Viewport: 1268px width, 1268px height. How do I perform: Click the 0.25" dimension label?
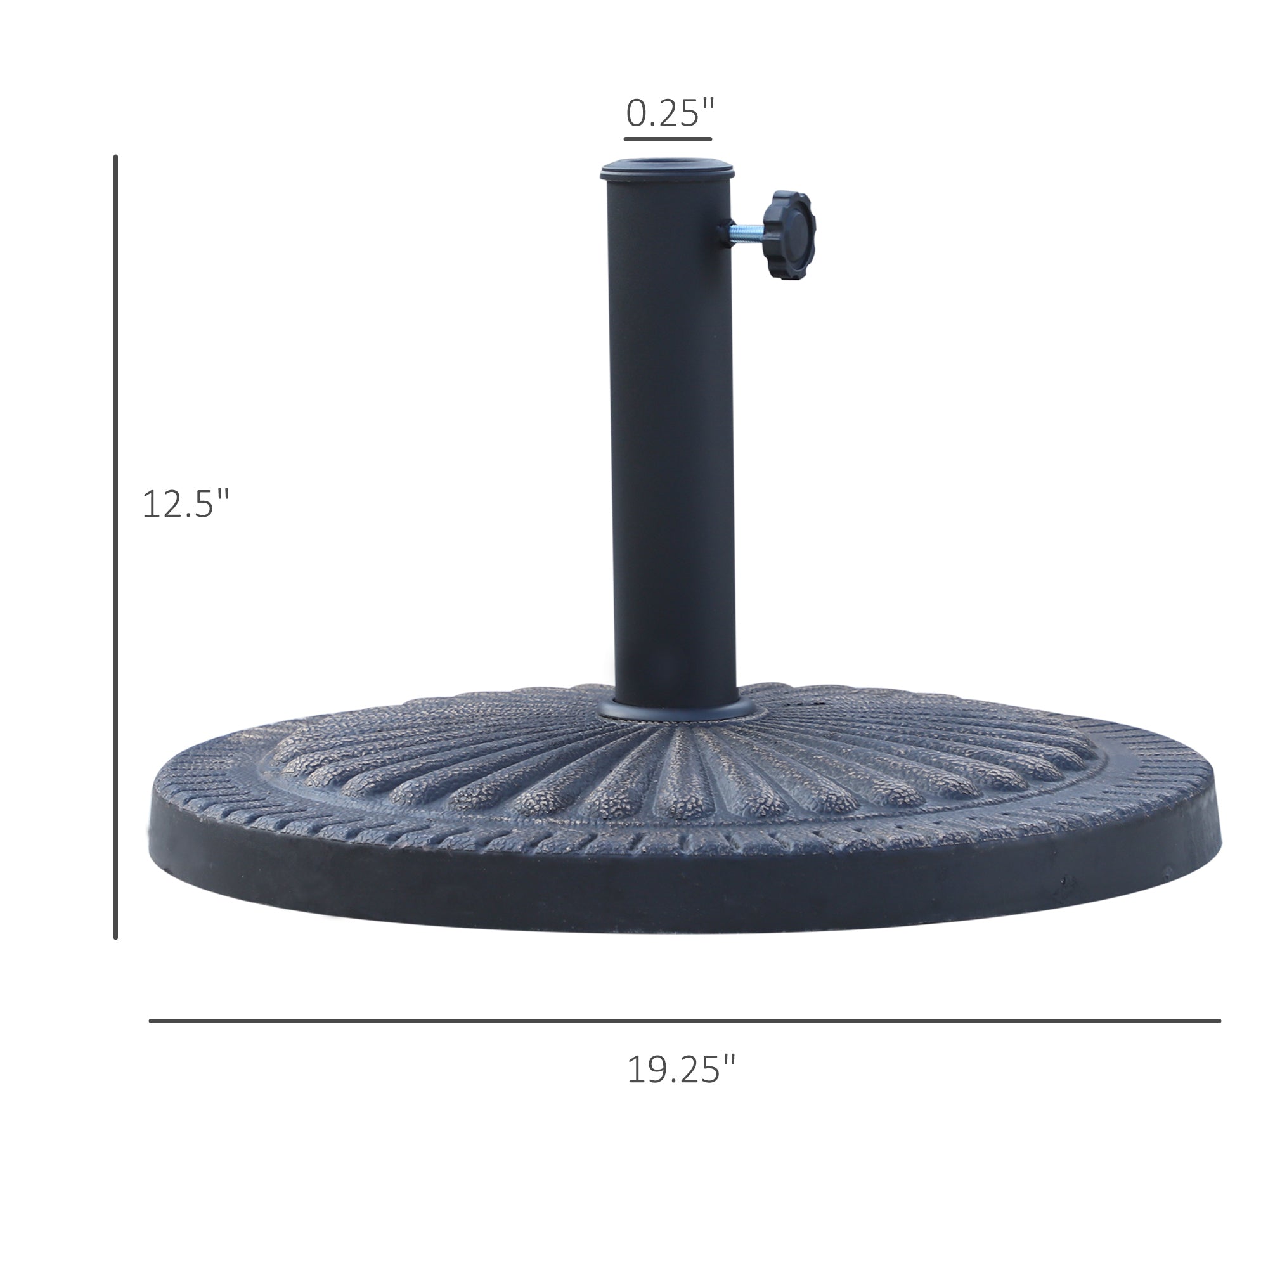point(669,113)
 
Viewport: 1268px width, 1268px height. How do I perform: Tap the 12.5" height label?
point(186,504)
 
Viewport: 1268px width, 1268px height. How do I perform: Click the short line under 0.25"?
point(668,139)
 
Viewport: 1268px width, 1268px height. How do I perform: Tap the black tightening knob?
point(791,236)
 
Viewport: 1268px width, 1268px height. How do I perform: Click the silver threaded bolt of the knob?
point(747,232)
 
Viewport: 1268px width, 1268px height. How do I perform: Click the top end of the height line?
point(115,157)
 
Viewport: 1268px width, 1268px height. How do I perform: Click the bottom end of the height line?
point(115,936)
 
